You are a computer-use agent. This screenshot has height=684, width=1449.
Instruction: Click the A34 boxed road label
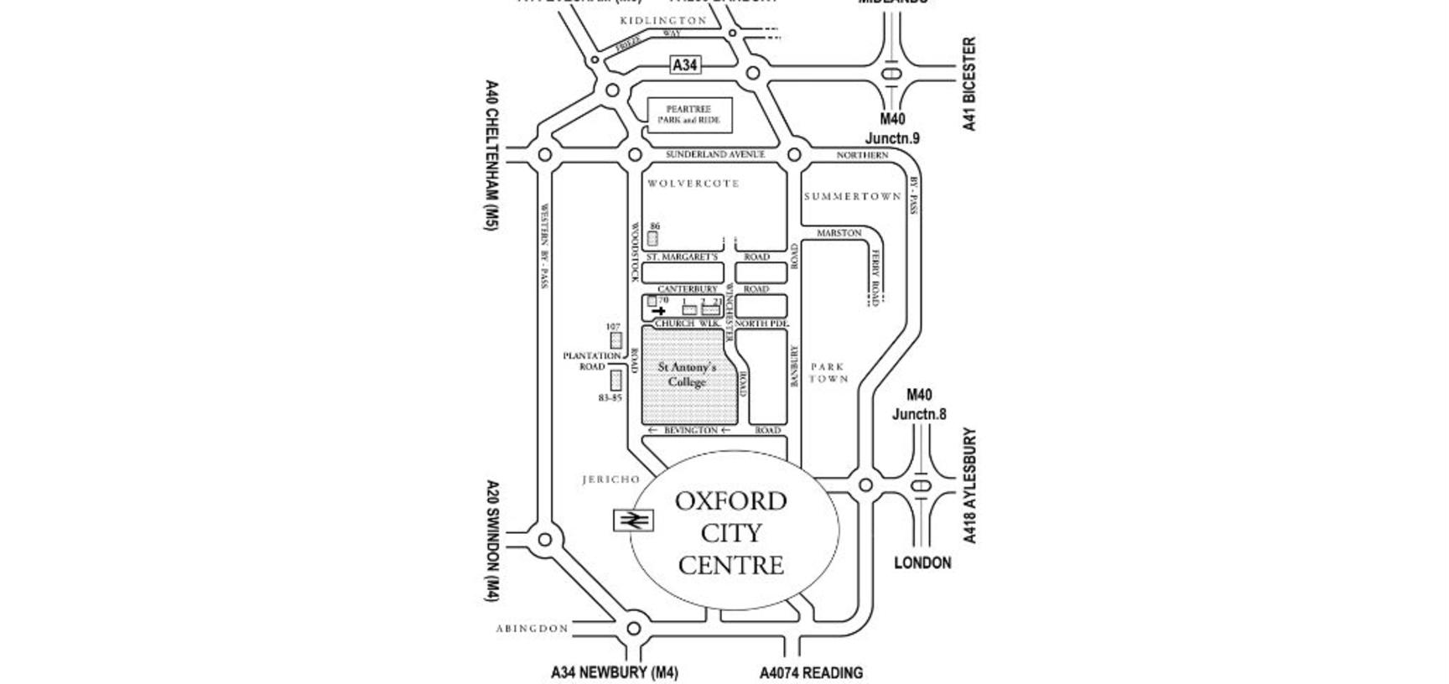click(x=685, y=65)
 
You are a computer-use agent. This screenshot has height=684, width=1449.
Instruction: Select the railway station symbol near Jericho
click(x=635, y=521)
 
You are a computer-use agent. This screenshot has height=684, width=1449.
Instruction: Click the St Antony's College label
click(x=687, y=375)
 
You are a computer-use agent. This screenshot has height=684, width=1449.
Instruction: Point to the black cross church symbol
click(x=659, y=311)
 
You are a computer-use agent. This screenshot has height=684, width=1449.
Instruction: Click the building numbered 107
click(x=616, y=340)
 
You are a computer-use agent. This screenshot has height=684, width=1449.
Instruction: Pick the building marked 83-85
click(x=615, y=381)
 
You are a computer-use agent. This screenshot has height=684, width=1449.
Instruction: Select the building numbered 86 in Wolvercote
click(x=653, y=238)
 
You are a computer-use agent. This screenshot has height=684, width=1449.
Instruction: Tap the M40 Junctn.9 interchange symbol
click(x=892, y=74)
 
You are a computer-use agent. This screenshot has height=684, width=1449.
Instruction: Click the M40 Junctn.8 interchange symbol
click(x=922, y=485)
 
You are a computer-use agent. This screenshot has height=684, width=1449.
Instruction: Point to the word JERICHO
click(x=610, y=479)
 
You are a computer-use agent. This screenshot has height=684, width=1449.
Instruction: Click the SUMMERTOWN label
click(x=852, y=196)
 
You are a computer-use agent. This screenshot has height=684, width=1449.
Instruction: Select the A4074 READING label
click(x=811, y=672)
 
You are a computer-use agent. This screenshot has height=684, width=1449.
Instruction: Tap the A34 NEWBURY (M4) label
click(x=614, y=672)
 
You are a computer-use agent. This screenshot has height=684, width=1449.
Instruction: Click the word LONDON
click(x=922, y=563)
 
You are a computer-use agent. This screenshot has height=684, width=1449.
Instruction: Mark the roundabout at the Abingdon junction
click(x=634, y=628)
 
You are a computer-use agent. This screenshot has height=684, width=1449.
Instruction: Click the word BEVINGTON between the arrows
click(x=690, y=430)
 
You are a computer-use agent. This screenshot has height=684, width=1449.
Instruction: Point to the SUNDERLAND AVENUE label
click(x=715, y=155)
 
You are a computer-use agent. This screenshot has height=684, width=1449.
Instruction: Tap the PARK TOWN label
click(x=828, y=373)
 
